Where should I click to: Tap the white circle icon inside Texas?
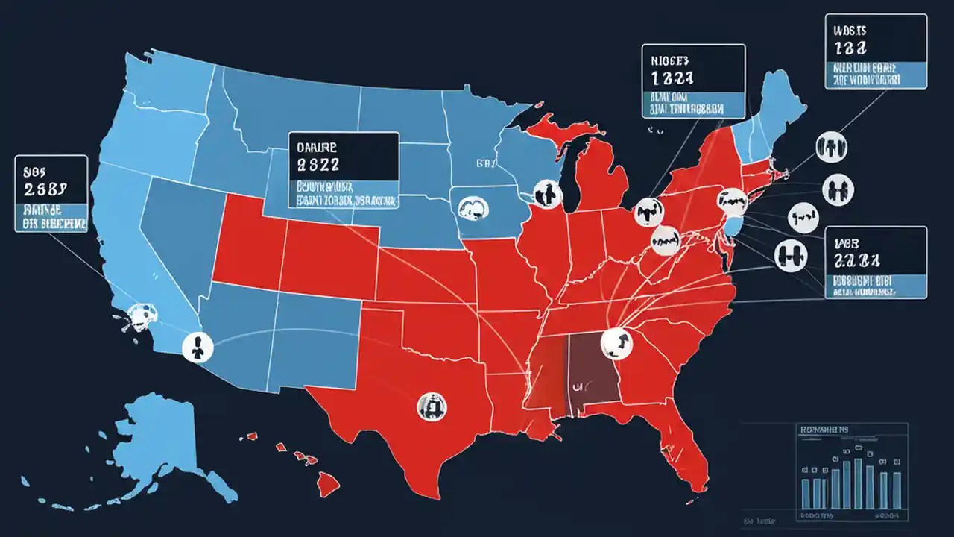click(x=432, y=406)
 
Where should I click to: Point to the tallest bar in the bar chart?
click(x=858, y=483)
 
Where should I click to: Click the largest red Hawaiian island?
click(x=327, y=486)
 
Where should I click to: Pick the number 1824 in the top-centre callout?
click(x=673, y=77)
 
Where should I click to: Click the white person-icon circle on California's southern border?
click(x=198, y=345)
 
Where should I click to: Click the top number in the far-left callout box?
click(x=45, y=188)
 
